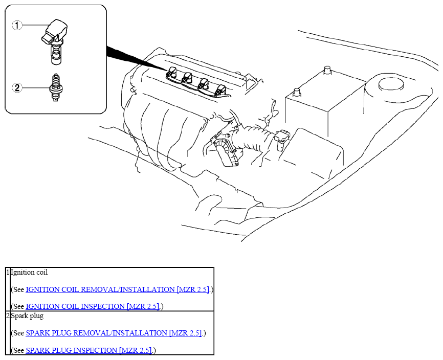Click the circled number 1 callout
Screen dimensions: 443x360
tap(17, 26)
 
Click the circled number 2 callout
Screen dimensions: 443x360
tap(17, 87)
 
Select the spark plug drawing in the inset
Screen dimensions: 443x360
tap(56, 87)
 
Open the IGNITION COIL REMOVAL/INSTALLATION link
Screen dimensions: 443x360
tap(118, 289)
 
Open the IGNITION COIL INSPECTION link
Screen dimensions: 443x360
tap(93, 306)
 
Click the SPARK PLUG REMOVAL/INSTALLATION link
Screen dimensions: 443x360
tap(114, 333)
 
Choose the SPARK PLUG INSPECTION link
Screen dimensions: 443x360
tap(89, 350)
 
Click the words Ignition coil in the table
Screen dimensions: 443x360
tap(29, 273)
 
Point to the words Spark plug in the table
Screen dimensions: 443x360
tap(28, 316)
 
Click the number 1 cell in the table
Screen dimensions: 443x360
tap(8, 272)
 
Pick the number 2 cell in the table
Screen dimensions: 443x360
tap(8, 316)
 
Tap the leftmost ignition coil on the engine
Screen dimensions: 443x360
tap(172, 72)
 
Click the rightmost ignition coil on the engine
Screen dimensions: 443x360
tap(220, 91)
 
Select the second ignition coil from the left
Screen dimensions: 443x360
tap(187, 78)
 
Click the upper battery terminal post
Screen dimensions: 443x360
tap(327, 70)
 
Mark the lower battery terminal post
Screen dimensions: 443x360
tap(297, 93)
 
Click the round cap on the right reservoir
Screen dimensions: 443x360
tap(391, 84)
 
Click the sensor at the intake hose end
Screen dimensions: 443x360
tap(281, 140)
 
